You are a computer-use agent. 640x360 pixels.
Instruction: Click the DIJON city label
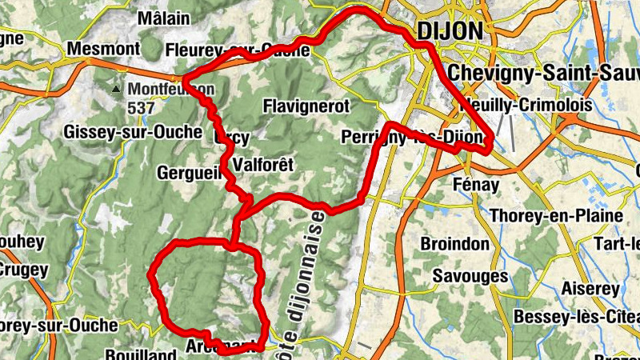coord(450,31)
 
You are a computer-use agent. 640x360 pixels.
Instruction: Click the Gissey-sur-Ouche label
coord(134,131)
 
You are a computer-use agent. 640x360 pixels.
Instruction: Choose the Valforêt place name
coord(262,165)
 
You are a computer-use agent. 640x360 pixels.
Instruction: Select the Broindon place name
coord(454,243)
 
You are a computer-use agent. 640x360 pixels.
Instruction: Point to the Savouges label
coord(470,276)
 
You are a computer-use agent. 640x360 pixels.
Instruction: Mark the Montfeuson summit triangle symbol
coord(118,89)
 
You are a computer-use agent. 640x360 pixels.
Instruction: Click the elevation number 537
coord(141,106)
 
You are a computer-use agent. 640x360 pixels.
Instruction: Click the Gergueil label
coord(190,172)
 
